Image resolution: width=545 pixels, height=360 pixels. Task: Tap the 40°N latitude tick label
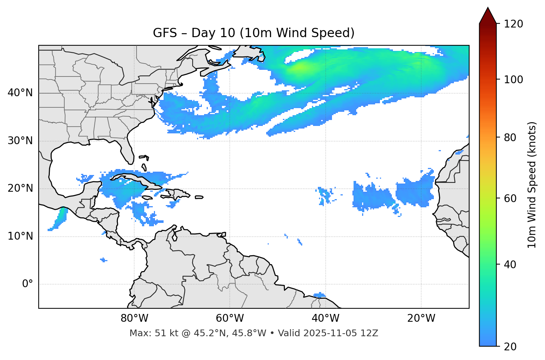(x=20, y=93)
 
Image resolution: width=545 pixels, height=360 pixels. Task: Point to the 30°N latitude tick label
(x=20, y=141)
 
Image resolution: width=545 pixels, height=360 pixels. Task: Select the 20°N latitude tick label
(x=20, y=188)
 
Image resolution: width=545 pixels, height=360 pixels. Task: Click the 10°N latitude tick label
(x=20, y=236)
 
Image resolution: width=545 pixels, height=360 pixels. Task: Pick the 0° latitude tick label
(x=27, y=284)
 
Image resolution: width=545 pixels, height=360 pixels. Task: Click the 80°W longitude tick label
(x=134, y=318)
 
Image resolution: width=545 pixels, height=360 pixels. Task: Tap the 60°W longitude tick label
(x=230, y=318)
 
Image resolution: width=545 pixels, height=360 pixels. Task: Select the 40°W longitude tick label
(x=325, y=318)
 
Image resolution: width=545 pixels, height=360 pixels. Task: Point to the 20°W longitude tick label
(x=421, y=318)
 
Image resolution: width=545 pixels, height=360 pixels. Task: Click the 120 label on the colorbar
(x=513, y=24)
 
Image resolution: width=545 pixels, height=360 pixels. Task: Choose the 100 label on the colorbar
(x=513, y=80)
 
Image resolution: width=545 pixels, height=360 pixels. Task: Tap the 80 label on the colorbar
(x=511, y=138)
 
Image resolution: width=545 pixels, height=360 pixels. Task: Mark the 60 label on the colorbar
(x=511, y=199)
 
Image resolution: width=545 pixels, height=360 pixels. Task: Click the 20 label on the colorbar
(x=511, y=347)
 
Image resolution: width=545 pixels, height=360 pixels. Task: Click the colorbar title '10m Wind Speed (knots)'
(x=532, y=185)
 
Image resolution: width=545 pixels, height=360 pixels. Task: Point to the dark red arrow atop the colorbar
(x=488, y=16)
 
